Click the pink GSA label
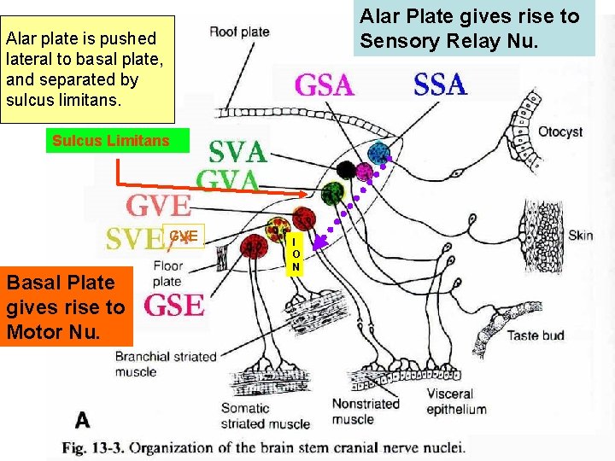324,85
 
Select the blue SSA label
440,85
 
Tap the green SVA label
238,152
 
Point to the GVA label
228,180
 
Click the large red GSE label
174,305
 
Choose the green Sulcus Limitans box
111,141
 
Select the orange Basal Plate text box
66,306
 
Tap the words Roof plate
239,32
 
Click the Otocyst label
560,131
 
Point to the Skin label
580,235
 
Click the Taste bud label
536,336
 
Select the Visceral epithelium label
457,402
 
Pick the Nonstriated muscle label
365,411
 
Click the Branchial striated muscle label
166,364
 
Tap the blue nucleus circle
378,153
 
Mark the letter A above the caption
83,419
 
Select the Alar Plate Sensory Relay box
476,28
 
